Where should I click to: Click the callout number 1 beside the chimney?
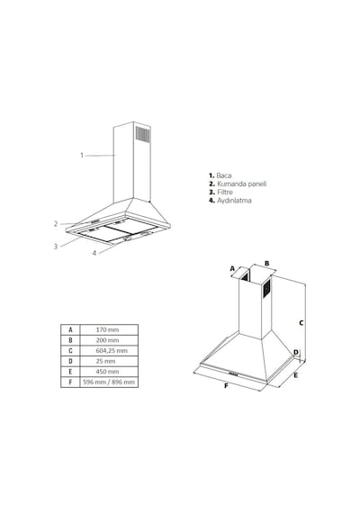pyautogui.click(x=82, y=155)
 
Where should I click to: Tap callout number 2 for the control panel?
pyautogui.click(x=56, y=224)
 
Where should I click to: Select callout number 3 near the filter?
pyautogui.click(x=56, y=247)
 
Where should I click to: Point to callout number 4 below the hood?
pyautogui.click(x=94, y=253)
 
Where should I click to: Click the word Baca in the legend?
pyautogui.click(x=224, y=175)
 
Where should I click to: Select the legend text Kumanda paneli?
pyautogui.click(x=242, y=184)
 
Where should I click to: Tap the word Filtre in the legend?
pyautogui.click(x=225, y=192)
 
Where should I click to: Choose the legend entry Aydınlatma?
pyautogui.click(x=234, y=200)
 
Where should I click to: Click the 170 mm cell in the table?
pyautogui.click(x=107, y=329)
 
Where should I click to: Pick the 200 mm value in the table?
pyautogui.click(x=107, y=340)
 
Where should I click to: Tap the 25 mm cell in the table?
pyautogui.click(x=105, y=361)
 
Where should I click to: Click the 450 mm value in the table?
pyautogui.click(x=107, y=372)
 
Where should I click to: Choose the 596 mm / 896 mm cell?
pyautogui.click(x=109, y=382)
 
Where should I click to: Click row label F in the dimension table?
pyautogui.click(x=70, y=382)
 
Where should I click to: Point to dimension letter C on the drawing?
pyautogui.click(x=301, y=323)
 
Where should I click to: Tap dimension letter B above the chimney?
pyautogui.click(x=266, y=263)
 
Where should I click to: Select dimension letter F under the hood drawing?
pyautogui.click(x=226, y=386)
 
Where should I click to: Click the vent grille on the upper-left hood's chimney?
pyautogui.click(x=143, y=134)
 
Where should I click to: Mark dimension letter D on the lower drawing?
pyautogui.click(x=296, y=353)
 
